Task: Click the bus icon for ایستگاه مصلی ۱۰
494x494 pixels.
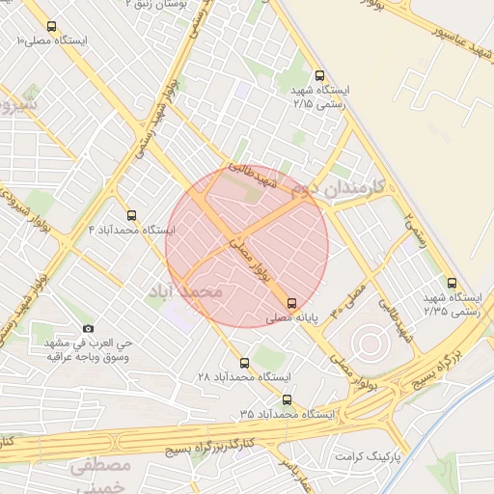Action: (x=51, y=27)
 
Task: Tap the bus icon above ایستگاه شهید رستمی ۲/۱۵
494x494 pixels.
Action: (x=319, y=75)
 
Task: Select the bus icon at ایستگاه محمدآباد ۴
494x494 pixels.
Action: (x=132, y=215)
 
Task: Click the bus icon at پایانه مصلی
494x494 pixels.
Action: (x=293, y=302)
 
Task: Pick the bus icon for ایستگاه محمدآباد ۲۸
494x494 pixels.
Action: (x=243, y=364)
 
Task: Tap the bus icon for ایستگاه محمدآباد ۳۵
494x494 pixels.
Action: (x=286, y=399)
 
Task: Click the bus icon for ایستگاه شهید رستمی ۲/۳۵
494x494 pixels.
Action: (x=455, y=282)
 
